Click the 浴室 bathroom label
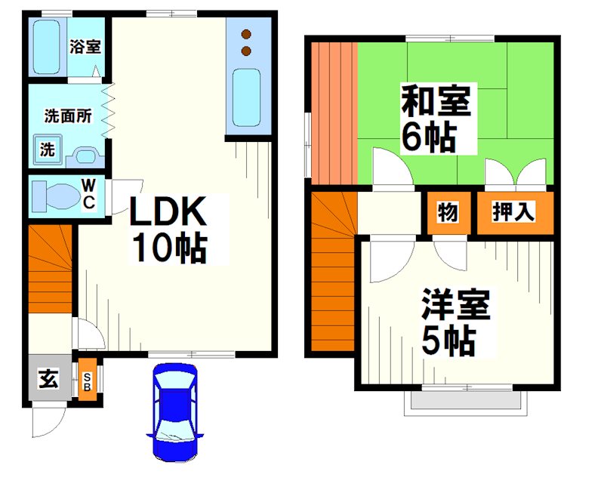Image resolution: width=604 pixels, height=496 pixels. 85,47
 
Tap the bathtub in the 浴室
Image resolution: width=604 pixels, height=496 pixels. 47,47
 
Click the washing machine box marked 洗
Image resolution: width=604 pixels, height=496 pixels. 48,149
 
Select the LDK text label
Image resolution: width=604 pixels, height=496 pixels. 168,212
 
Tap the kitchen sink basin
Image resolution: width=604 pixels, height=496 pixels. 247,98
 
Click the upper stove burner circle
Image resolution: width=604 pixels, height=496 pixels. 245,34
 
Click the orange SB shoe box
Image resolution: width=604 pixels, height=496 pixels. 87,382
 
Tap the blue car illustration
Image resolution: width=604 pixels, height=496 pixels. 175,411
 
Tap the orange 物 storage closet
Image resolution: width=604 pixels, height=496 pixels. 447,213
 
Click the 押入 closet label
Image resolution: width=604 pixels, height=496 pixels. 514,213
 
